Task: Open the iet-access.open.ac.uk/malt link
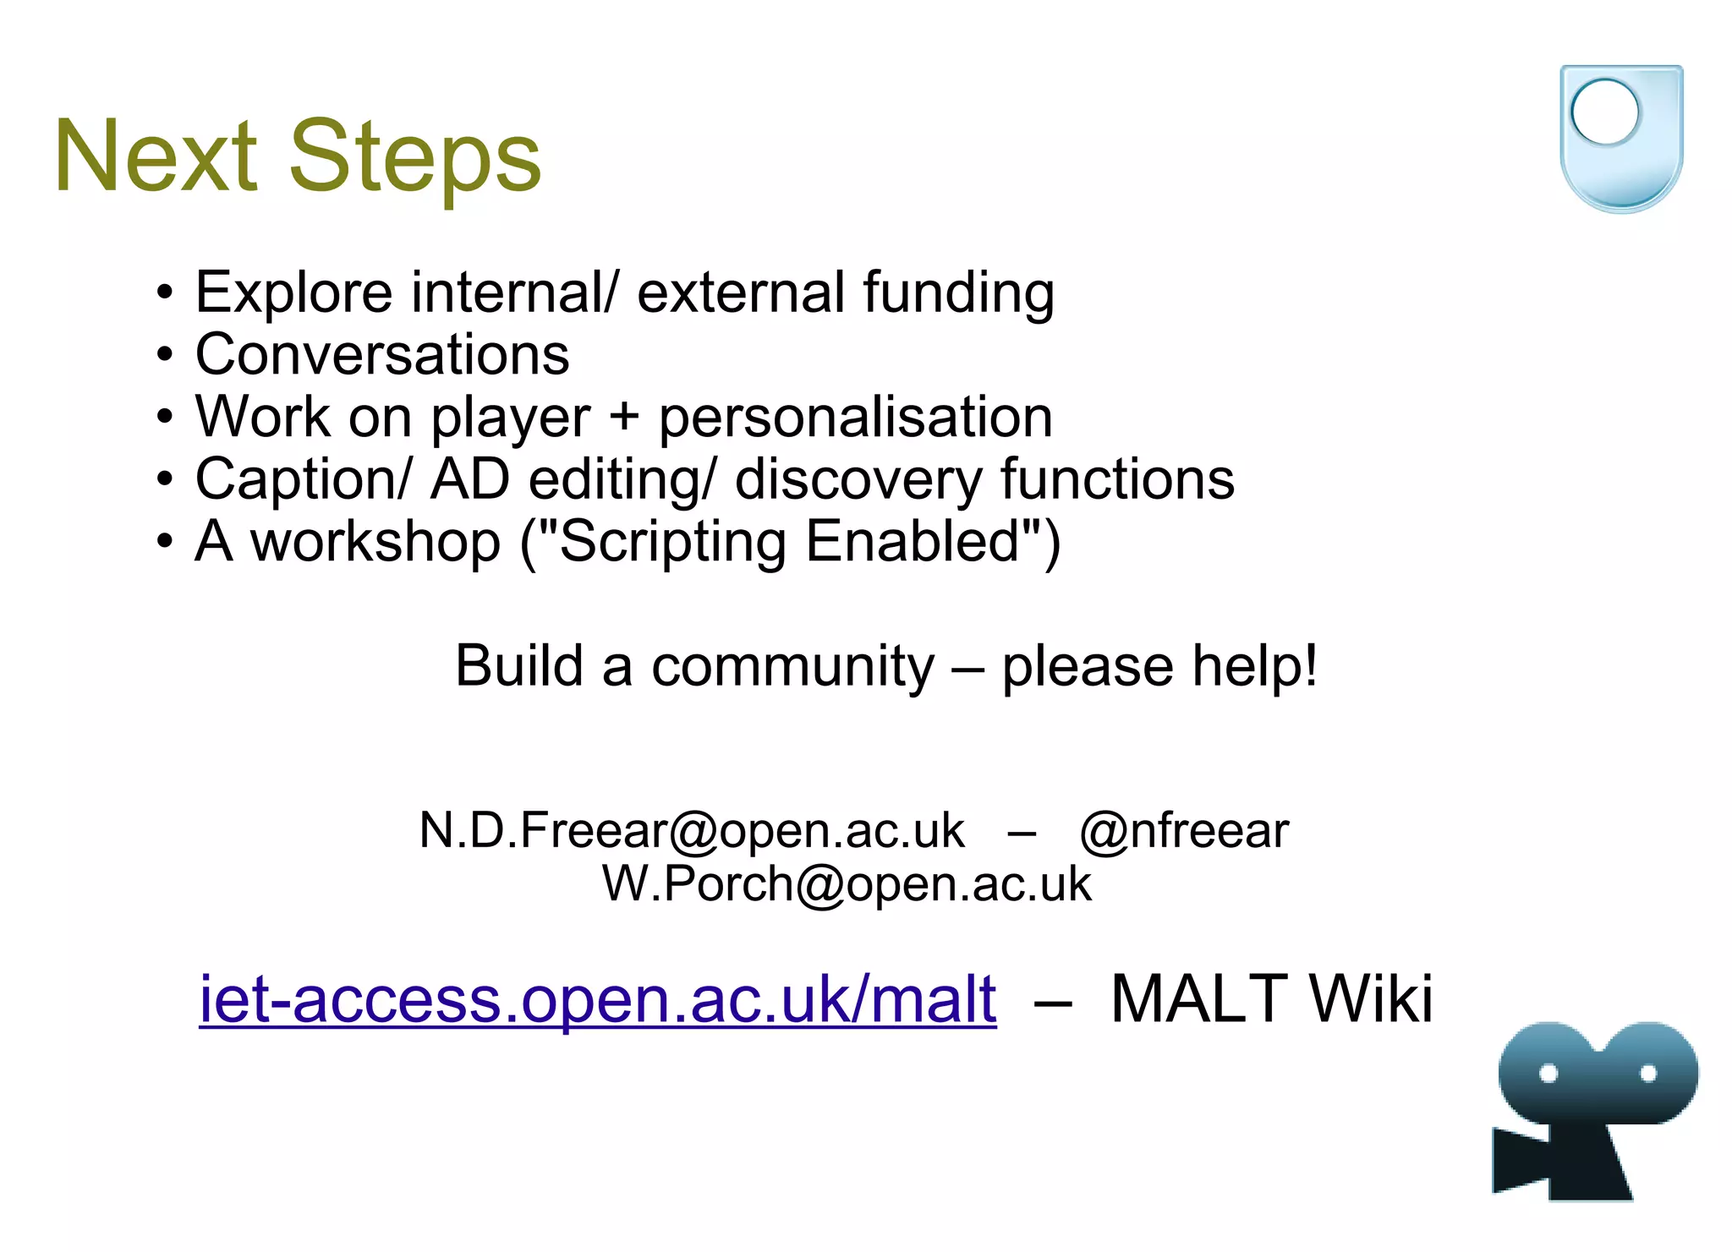point(597,999)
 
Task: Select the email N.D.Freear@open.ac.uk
point(691,830)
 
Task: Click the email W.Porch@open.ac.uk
point(847,884)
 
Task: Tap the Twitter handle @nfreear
point(1184,830)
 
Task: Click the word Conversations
point(382,354)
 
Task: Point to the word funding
point(958,292)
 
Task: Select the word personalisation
point(855,417)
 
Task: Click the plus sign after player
point(624,417)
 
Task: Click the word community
point(792,666)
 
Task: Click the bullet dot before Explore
point(165,293)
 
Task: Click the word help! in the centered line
point(1254,666)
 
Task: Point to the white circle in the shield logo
point(1604,112)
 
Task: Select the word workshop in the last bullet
point(375,541)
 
